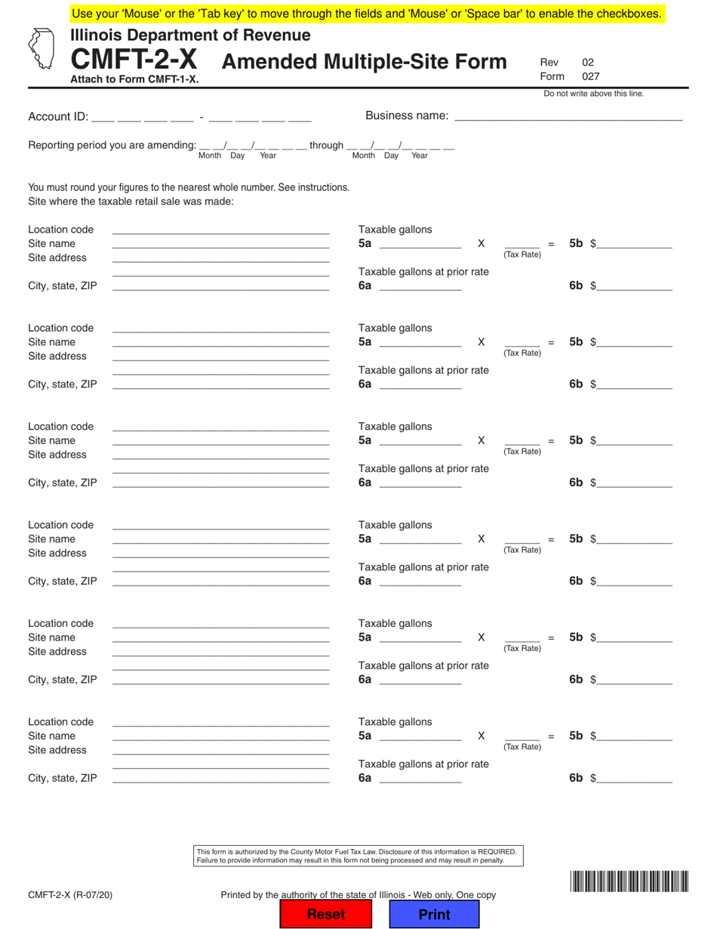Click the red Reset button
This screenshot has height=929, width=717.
[325, 914]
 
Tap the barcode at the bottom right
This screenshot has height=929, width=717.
[629, 882]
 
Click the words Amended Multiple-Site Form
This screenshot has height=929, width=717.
[364, 62]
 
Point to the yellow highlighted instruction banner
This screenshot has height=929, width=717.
[368, 13]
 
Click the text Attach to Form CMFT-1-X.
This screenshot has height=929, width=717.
[135, 78]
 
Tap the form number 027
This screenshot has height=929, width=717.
[590, 76]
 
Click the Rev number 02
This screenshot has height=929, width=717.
[588, 63]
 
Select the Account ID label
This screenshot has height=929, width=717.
[57, 117]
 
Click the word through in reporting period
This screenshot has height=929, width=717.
[326, 145]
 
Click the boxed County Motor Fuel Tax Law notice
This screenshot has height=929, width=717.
[358, 856]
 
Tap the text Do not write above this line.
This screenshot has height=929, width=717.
[593, 94]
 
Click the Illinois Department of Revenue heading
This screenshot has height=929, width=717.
[190, 35]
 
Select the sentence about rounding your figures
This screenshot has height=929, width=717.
[189, 187]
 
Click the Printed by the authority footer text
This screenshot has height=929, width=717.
[358, 895]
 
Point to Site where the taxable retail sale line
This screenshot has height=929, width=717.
[131, 202]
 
